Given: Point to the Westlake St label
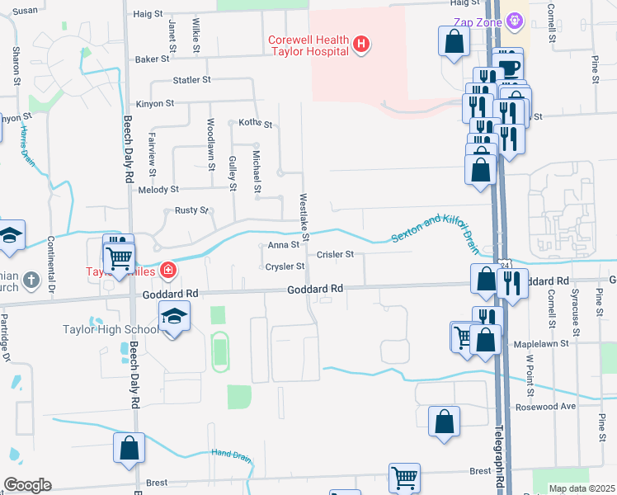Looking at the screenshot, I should tap(304, 217).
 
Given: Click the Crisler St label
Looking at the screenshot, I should tap(335, 255).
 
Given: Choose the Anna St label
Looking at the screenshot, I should tap(283, 245).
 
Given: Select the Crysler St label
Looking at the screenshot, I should tap(285, 266).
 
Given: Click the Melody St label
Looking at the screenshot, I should tap(159, 190).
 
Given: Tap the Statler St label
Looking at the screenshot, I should tap(192, 80).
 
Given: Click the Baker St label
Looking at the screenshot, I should tap(152, 59).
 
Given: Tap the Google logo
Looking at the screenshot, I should tap(27, 485).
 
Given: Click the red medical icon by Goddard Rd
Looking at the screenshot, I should tap(167, 270).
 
